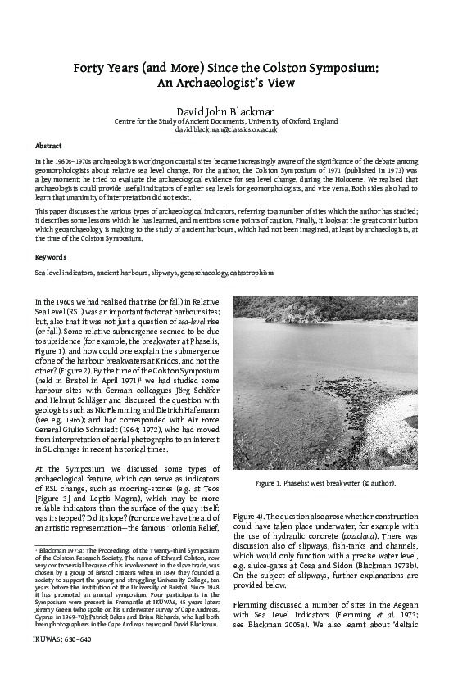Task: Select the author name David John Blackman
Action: point(238,109)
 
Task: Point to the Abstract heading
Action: point(48,146)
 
